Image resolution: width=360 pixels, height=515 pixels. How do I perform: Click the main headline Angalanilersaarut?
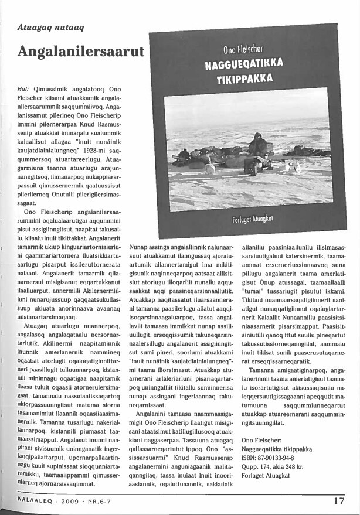(x=81, y=51)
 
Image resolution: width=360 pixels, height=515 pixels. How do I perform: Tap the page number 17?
(x=339, y=501)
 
